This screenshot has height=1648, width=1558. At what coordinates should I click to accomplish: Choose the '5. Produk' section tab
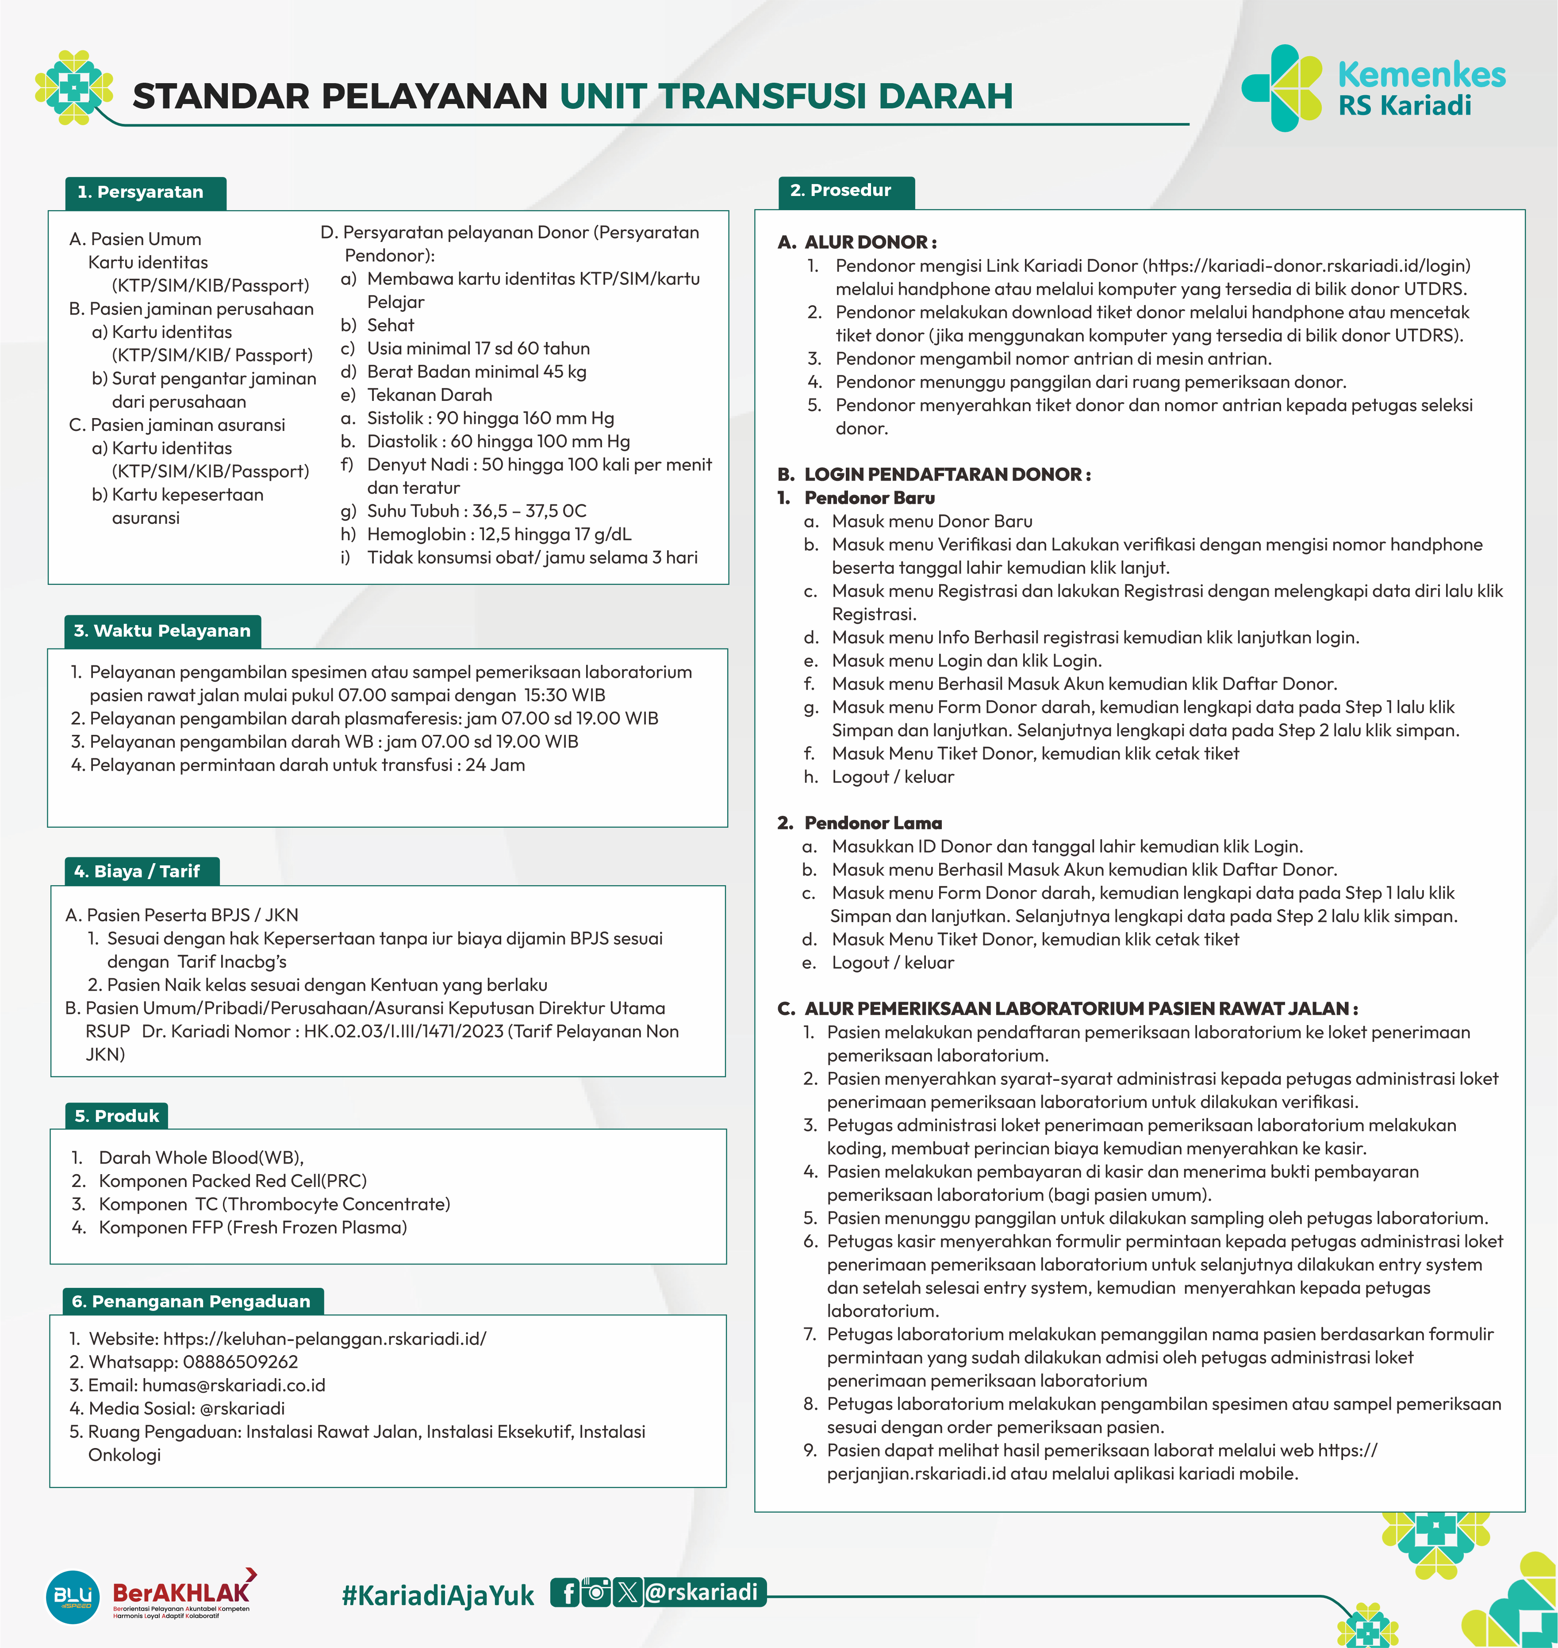[x=116, y=1116]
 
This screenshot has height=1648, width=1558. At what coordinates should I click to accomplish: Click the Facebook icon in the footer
[x=566, y=1592]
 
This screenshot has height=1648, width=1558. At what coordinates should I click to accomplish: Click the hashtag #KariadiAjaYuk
[x=437, y=1595]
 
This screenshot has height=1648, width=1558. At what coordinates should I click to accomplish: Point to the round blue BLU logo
[x=73, y=1597]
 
